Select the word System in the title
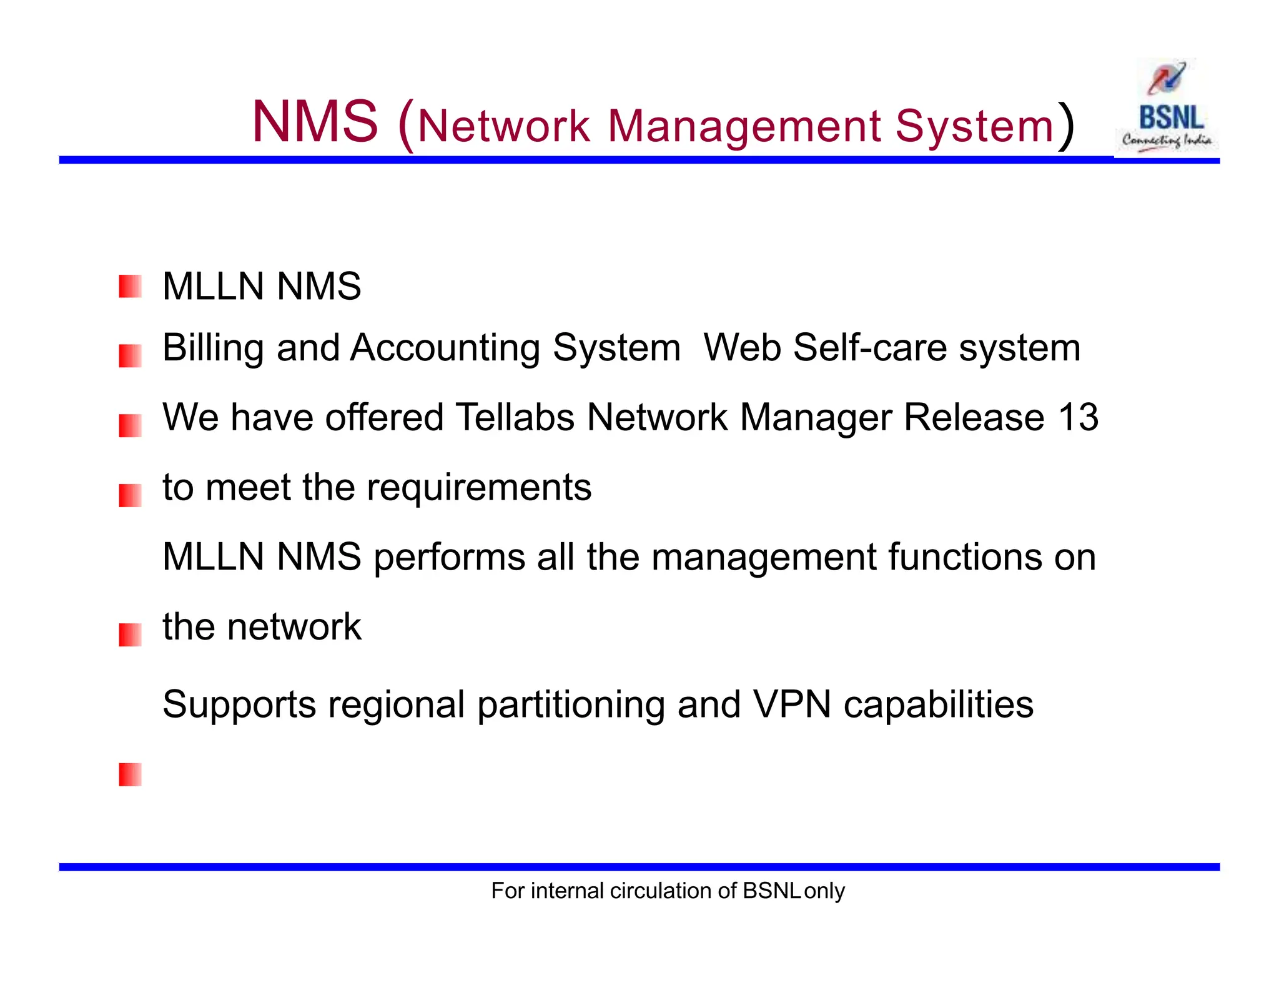[x=975, y=126]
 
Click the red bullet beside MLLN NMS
[x=130, y=287]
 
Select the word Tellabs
[x=515, y=417]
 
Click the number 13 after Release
[x=1078, y=417]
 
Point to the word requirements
[x=479, y=488]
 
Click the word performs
[x=449, y=557]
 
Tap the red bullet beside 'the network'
[x=130, y=635]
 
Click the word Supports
[x=239, y=705]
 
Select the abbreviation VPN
[x=792, y=704]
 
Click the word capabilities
[x=939, y=705]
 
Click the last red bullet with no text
[x=130, y=774]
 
